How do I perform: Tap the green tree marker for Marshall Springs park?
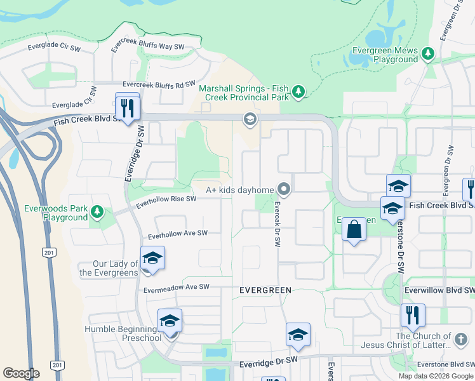tap(298, 93)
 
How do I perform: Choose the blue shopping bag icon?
tap(354, 230)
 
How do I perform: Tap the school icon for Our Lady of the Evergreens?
tap(152, 258)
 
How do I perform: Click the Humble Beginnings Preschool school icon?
tap(170, 321)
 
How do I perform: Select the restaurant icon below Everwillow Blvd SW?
tap(413, 315)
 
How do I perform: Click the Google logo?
tap(21, 373)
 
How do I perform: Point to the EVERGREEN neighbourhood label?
tap(265, 290)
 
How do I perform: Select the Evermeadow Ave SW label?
tap(176, 287)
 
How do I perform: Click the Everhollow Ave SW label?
tap(178, 235)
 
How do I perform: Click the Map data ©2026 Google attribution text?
tap(435, 376)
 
